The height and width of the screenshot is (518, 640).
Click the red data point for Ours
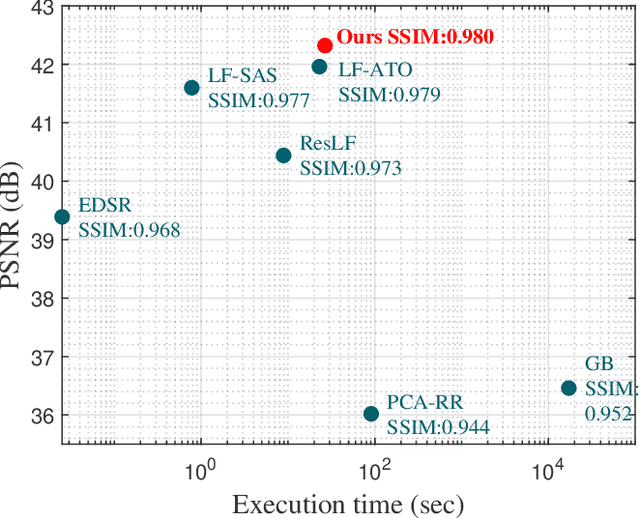click(325, 46)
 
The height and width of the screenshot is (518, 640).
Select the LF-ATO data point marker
click(319, 67)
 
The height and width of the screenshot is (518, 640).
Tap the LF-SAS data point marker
click(192, 88)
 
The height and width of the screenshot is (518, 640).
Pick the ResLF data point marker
click(283, 155)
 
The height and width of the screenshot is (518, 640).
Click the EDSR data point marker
click(62, 217)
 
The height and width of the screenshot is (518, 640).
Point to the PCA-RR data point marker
click(371, 413)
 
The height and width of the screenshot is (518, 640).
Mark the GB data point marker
click(569, 388)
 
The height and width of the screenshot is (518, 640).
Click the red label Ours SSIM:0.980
click(415, 38)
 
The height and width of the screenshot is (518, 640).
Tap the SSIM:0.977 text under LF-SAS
click(259, 100)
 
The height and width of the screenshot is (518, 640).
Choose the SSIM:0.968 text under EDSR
click(129, 230)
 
